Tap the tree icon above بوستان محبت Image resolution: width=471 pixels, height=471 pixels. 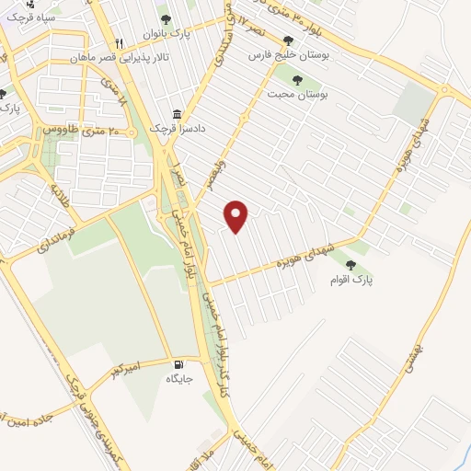[297, 80]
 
